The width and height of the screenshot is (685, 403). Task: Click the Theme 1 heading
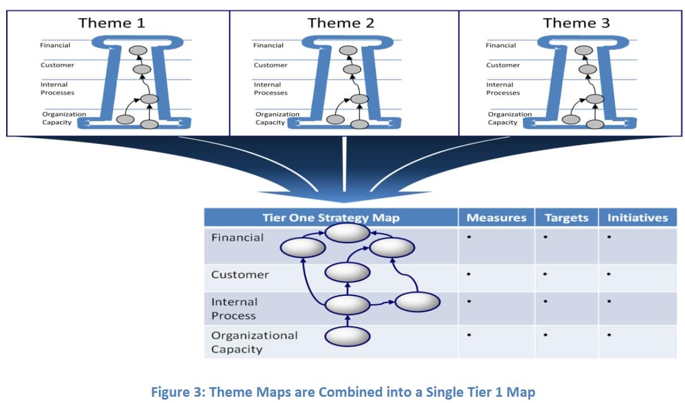pyautogui.click(x=111, y=23)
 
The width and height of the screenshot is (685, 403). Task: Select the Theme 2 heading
pyautogui.click(x=341, y=23)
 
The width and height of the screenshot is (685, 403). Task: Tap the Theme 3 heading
pyautogui.click(x=576, y=23)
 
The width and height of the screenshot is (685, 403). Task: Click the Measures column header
pyautogui.click(x=496, y=218)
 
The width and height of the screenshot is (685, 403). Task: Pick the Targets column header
pyautogui.click(x=566, y=218)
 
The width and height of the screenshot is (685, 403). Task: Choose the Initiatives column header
pyautogui.click(x=638, y=218)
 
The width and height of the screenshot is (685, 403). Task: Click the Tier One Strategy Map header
pyautogui.click(x=331, y=218)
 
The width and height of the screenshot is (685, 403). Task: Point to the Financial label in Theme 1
pyautogui.click(x=55, y=45)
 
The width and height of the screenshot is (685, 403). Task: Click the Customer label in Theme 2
pyautogui.click(x=271, y=65)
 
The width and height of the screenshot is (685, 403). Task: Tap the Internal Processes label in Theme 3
pyautogui.click(x=503, y=89)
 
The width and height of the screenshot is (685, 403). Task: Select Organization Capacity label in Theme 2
pyautogui.click(x=278, y=118)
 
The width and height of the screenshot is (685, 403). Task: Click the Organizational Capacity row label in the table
pyautogui.click(x=254, y=342)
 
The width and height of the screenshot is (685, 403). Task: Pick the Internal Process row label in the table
pyautogui.click(x=235, y=309)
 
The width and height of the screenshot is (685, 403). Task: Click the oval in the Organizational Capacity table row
pyautogui.click(x=348, y=336)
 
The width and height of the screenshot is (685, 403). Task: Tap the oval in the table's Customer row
pyautogui.click(x=348, y=272)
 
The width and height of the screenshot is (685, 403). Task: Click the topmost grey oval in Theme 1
pyautogui.click(x=138, y=50)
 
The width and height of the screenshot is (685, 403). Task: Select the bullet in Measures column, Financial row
pyautogui.click(x=469, y=237)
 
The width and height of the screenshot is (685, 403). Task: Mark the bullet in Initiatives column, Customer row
pyautogui.click(x=609, y=274)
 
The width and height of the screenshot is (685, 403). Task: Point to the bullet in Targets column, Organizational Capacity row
pyautogui.click(x=545, y=335)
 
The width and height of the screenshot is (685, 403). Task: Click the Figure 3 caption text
pyautogui.click(x=343, y=392)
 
